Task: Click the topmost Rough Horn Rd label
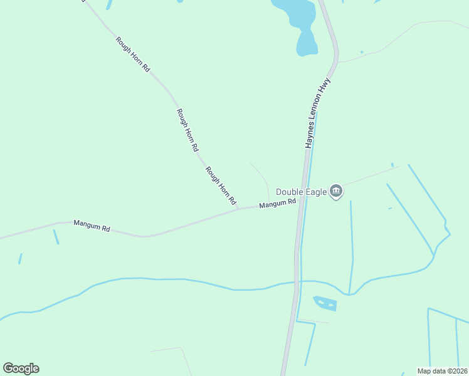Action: (x=132, y=54)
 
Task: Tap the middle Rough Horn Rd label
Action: (x=187, y=130)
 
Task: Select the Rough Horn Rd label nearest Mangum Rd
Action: (x=220, y=186)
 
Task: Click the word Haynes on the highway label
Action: (x=310, y=137)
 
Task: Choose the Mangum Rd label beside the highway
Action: (x=277, y=204)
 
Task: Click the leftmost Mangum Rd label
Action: (x=92, y=226)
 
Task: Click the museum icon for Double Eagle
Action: (x=336, y=191)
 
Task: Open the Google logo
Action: (x=21, y=368)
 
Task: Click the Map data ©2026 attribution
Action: (x=441, y=371)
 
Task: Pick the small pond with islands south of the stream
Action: (x=325, y=303)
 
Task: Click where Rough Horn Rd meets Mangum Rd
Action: (x=239, y=209)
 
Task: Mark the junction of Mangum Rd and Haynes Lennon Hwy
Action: (x=301, y=199)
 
